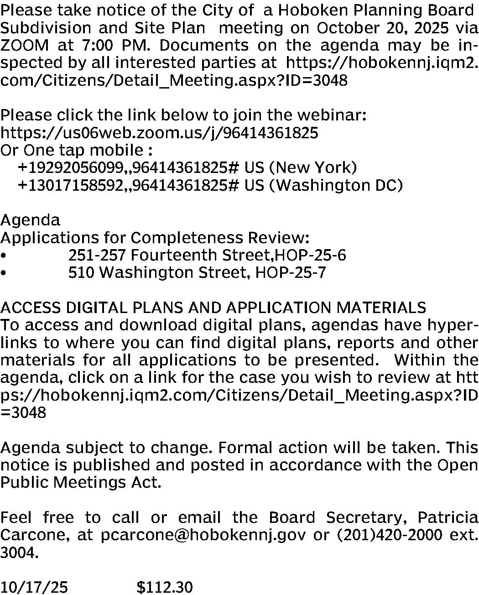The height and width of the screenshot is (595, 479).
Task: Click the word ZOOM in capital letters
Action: [25, 46]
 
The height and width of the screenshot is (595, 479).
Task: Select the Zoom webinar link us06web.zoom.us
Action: [159, 133]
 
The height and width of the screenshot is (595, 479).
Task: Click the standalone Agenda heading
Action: [30, 220]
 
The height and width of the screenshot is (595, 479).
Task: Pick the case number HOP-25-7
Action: [291, 272]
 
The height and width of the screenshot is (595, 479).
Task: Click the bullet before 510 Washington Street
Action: [4, 273]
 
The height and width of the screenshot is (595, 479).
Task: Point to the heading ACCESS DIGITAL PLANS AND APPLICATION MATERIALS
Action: [213, 308]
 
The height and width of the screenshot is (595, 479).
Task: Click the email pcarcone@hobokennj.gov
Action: [203, 535]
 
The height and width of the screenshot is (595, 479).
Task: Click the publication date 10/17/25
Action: [34, 587]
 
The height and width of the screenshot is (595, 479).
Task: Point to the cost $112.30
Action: [164, 587]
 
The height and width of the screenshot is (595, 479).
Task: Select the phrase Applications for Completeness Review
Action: [155, 238]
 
